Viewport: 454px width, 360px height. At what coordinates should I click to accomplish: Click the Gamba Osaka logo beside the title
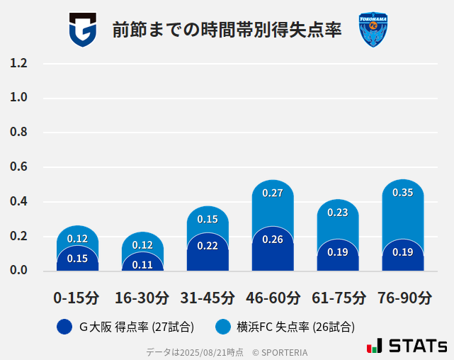tap(82, 30)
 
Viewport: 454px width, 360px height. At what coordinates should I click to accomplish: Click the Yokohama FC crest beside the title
tap(373, 30)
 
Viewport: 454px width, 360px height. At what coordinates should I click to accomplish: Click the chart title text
tap(227, 30)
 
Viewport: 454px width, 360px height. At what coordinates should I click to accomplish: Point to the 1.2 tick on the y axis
tap(18, 63)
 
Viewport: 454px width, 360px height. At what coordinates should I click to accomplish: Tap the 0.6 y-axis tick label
tap(18, 167)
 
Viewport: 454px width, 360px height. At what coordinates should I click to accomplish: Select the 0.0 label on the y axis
tap(18, 270)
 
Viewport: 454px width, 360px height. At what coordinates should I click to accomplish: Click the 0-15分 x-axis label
tap(76, 298)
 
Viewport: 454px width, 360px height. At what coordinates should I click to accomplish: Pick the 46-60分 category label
tap(273, 298)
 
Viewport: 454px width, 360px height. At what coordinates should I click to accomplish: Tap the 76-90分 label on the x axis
tap(404, 298)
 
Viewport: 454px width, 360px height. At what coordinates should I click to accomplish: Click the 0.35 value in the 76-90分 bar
tap(403, 193)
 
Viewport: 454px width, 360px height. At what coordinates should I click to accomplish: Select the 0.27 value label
tap(273, 193)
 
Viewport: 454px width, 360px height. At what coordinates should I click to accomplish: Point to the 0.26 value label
tap(273, 240)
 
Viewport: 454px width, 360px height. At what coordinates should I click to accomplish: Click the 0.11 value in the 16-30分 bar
tap(142, 264)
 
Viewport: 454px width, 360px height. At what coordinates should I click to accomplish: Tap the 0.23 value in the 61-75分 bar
tap(338, 212)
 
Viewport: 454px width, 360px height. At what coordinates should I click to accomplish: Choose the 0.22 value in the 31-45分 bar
tap(208, 245)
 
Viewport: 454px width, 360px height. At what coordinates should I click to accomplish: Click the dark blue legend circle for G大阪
tap(64, 327)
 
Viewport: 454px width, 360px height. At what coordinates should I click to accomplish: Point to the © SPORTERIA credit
tap(280, 352)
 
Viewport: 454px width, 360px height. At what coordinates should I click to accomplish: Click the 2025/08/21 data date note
tap(195, 352)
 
